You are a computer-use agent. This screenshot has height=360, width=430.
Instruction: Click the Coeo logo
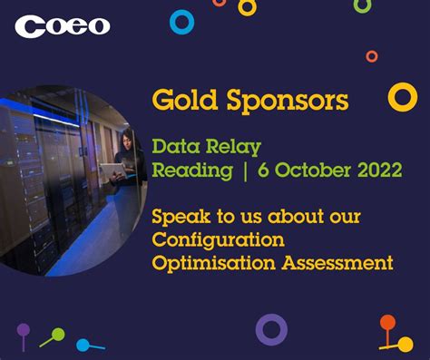[63, 26]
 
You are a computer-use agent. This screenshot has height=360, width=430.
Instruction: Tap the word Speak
[179, 219]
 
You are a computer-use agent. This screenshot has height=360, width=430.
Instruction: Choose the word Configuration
[218, 240]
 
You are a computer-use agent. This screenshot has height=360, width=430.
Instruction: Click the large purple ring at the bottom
[271, 329]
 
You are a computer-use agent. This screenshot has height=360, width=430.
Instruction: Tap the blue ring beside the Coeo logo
[182, 22]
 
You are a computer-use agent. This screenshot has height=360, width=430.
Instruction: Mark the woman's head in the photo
[125, 139]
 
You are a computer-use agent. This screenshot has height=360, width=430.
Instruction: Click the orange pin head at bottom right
[387, 322]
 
